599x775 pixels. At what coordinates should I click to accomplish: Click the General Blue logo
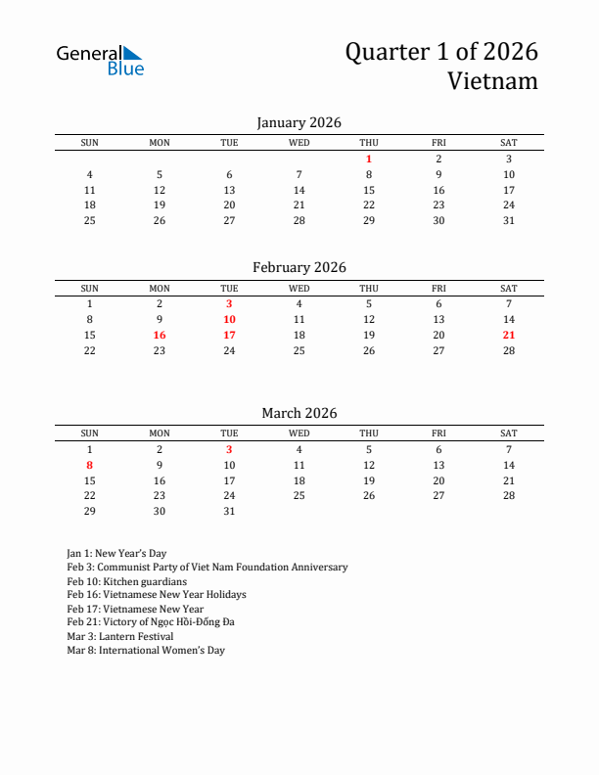point(100,60)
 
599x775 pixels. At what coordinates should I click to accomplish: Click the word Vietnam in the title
point(492,80)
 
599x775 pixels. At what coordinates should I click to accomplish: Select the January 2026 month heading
point(299,122)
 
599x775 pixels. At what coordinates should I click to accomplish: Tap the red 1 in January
point(369,159)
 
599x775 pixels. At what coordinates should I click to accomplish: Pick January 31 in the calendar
point(508,220)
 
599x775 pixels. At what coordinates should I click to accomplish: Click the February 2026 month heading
point(299,267)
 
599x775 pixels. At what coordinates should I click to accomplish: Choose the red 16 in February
point(160,335)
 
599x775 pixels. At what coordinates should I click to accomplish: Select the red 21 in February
point(508,335)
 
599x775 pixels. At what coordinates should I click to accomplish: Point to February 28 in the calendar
point(508,350)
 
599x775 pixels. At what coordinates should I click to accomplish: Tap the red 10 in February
point(229,319)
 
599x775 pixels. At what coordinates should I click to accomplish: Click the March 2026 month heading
point(299,413)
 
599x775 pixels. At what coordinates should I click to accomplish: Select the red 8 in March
point(90,465)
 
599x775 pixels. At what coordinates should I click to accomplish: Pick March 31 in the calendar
point(229,512)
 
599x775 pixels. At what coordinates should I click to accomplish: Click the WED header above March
point(299,433)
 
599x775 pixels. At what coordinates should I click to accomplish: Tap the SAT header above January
point(508,143)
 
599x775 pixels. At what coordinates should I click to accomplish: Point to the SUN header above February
point(90,288)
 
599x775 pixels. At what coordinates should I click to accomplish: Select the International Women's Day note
point(146,650)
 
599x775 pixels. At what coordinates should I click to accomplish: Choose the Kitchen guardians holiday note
point(126,581)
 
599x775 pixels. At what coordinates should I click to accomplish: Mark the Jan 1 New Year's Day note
point(116,553)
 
